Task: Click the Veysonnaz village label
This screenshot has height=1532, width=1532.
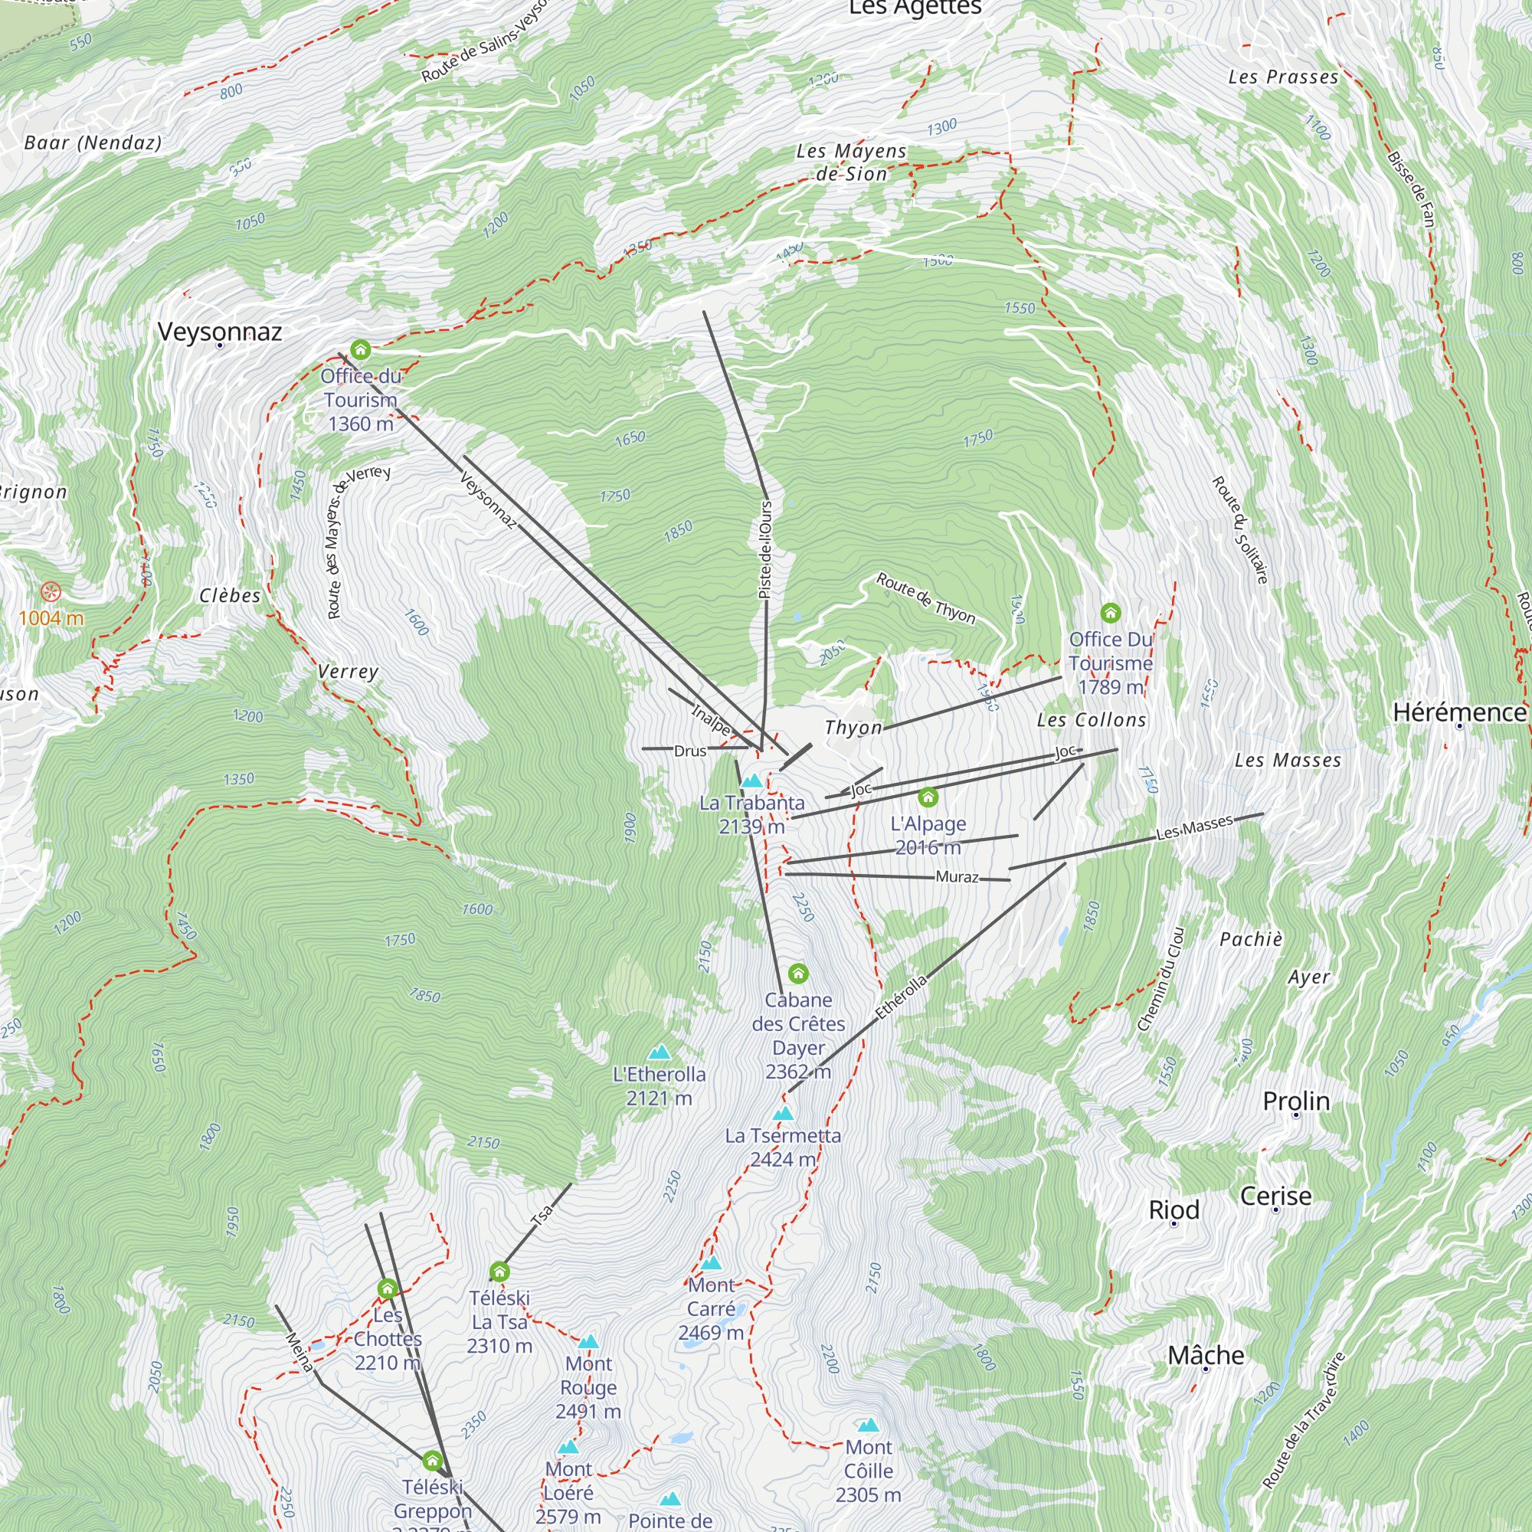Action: pos(220,332)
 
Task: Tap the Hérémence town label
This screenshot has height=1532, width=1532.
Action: pos(1459,712)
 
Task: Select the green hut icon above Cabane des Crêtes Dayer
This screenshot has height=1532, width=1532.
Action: pos(797,973)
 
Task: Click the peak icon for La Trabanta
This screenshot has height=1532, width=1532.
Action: pos(751,781)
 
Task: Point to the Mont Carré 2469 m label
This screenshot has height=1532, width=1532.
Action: pos(712,1308)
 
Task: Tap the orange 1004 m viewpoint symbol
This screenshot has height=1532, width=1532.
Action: pos(51,591)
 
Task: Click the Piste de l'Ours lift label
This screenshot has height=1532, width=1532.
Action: pos(765,548)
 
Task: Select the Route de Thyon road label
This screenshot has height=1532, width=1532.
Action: pos(925,598)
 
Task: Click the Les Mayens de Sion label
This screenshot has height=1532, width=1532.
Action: pos(851,162)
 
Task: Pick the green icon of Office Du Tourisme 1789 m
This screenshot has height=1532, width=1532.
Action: pos(1110,612)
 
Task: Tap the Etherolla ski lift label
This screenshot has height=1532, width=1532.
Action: pos(901,997)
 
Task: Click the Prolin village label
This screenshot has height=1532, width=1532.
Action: pos(1296,1101)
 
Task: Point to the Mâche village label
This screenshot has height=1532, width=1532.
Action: pos(1205,1355)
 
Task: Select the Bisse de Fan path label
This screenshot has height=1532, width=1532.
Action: pos(1412,188)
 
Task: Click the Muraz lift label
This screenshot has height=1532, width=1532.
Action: pos(957,876)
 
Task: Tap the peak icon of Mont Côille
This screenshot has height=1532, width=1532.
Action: pos(869,1425)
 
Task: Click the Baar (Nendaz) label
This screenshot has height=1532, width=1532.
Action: pos(93,142)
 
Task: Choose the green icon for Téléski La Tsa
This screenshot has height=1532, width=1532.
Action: pos(499,1272)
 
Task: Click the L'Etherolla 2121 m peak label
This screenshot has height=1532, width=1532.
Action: pos(659,1085)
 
